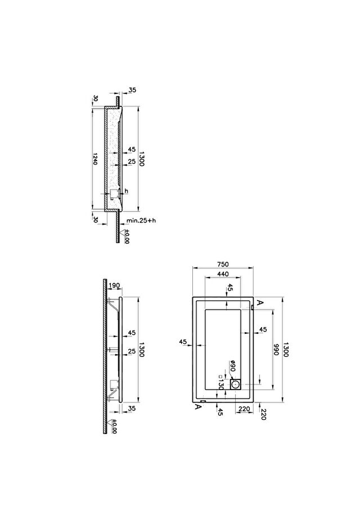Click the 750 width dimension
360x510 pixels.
click(x=223, y=265)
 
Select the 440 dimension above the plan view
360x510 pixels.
click(x=223, y=274)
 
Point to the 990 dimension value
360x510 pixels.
click(x=276, y=350)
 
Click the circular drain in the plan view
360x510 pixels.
click(x=235, y=385)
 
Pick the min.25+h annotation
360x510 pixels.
click(x=141, y=221)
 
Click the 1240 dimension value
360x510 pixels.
click(x=95, y=159)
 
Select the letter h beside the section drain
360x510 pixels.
click(x=127, y=191)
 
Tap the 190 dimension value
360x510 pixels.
click(x=114, y=285)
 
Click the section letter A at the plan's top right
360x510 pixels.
click(x=260, y=302)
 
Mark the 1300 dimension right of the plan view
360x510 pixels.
click(x=286, y=350)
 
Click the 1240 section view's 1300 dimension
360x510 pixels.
click(x=141, y=158)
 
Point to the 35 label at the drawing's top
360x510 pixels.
click(x=132, y=90)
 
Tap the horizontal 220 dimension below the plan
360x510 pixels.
click(x=244, y=409)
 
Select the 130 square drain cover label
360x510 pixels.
click(x=221, y=382)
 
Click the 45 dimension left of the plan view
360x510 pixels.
click(x=183, y=342)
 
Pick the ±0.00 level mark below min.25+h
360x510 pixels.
click(x=127, y=236)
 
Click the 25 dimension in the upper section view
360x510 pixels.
click(x=132, y=162)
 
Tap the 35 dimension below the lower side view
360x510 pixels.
click(x=132, y=409)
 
